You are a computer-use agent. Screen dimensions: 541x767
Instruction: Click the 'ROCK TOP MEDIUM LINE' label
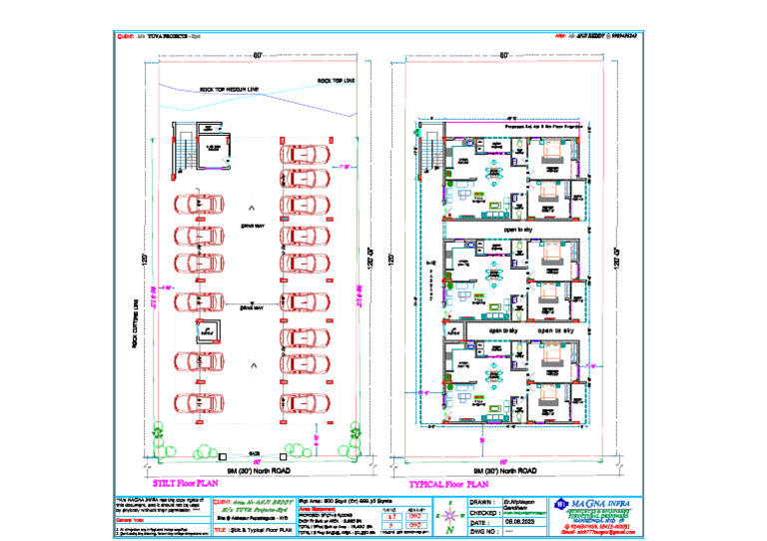click(230, 89)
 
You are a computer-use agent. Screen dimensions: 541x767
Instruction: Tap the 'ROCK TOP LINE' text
click(337, 80)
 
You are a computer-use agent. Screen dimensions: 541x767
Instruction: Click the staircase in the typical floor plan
click(429, 154)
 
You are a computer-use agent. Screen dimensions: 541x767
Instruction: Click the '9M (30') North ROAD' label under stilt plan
click(259, 470)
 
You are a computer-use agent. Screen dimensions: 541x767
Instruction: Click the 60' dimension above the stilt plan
click(258, 54)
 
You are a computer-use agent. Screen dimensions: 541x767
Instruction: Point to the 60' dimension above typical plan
click(505, 54)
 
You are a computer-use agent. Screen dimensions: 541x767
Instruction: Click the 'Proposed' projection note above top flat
click(545, 127)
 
